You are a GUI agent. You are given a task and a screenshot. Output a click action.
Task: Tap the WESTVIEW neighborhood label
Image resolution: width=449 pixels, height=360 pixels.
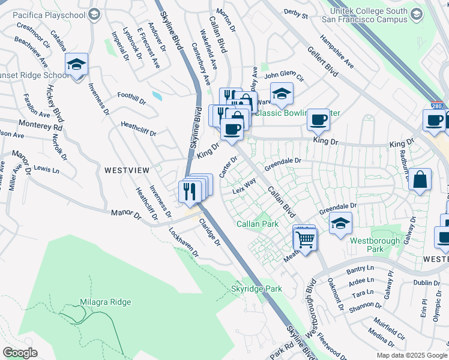(x=127, y=170)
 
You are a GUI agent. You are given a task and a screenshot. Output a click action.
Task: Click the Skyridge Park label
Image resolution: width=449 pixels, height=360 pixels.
(x=256, y=289)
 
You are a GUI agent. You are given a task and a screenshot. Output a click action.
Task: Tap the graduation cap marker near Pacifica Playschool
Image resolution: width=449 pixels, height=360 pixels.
(x=94, y=14)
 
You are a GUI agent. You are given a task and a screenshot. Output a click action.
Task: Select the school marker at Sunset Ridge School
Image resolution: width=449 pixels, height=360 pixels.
(x=77, y=64)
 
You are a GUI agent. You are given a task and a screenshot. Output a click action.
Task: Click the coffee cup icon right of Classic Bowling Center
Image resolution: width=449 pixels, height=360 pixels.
(x=319, y=119)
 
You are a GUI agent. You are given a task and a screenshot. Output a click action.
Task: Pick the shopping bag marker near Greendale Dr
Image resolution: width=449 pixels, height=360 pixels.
(x=420, y=179)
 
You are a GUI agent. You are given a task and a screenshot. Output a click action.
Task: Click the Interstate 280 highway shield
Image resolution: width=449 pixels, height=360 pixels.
(x=437, y=105)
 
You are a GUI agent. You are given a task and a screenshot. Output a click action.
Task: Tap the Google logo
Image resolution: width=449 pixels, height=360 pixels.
(x=20, y=352)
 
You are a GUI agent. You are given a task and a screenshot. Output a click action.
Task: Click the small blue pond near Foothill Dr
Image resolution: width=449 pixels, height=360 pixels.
(x=157, y=95)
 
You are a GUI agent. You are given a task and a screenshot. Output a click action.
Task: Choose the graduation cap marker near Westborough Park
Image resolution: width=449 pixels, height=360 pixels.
(x=340, y=223)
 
